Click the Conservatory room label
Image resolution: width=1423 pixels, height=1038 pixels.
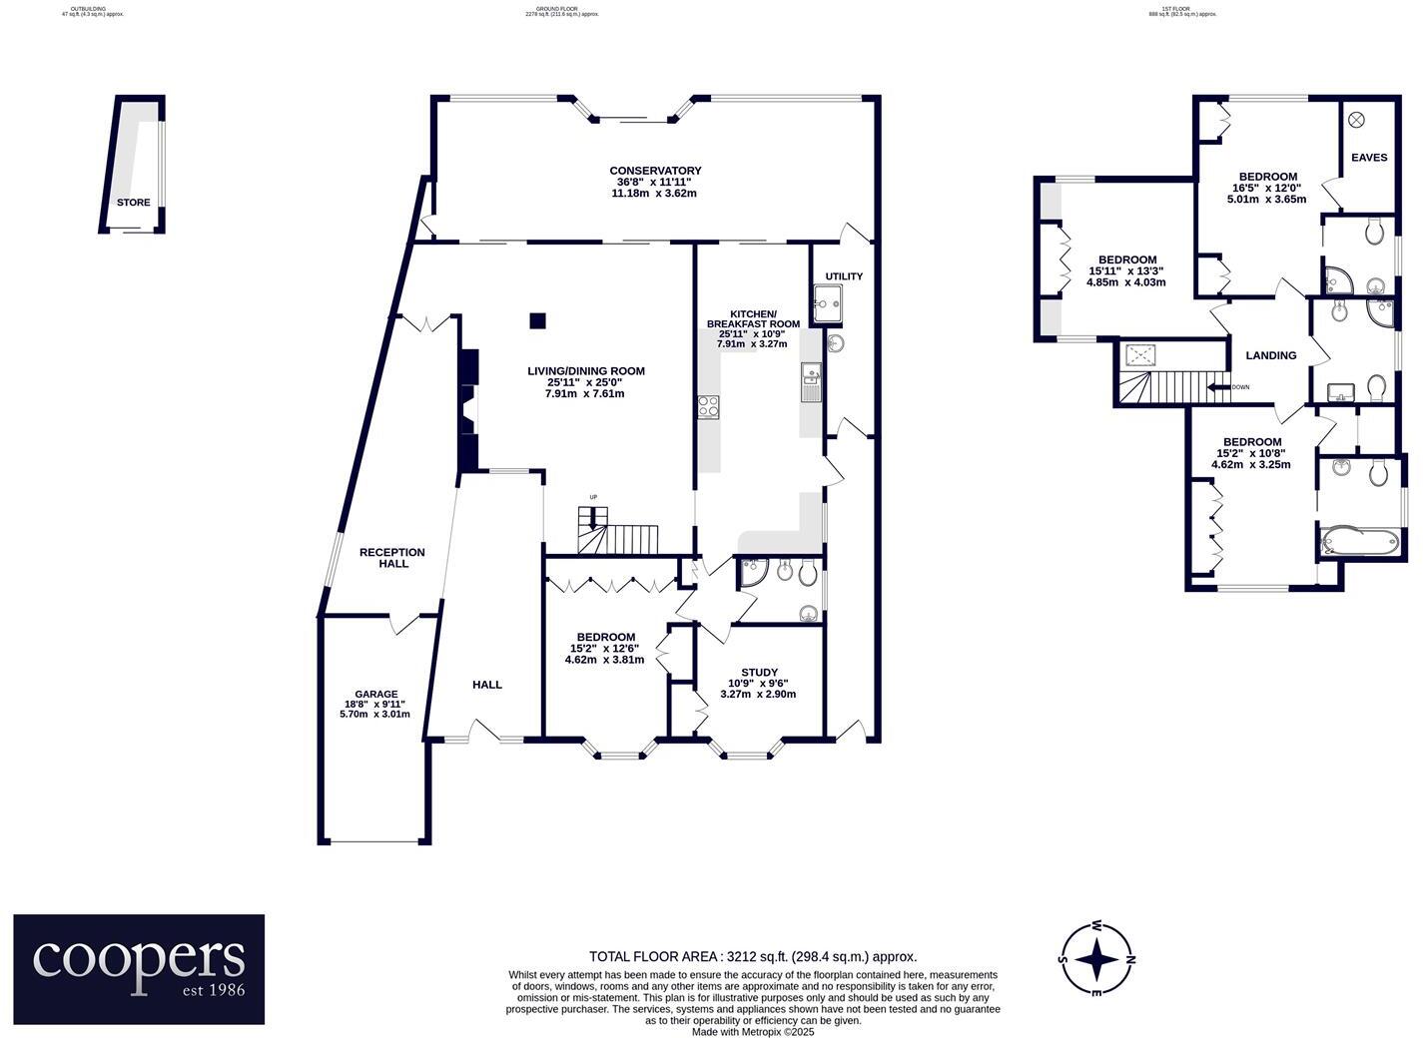pyautogui.click(x=655, y=171)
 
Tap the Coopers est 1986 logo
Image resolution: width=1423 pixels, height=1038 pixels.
pyautogui.click(x=139, y=969)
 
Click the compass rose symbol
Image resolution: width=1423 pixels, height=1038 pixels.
pyautogui.click(x=1096, y=959)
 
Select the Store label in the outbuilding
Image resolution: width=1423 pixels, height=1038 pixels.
pyautogui.click(x=133, y=203)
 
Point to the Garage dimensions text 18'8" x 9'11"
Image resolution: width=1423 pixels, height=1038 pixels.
pyautogui.click(x=375, y=704)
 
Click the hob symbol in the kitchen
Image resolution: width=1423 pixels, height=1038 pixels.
pyautogui.click(x=708, y=406)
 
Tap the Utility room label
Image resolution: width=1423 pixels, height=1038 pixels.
pyautogui.click(x=844, y=276)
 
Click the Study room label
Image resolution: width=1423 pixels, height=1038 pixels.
pyautogui.click(x=759, y=673)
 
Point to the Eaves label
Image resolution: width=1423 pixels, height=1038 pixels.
pyautogui.click(x=1369, y=158)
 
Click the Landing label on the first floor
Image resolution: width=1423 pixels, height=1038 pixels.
pyautogui.click(x=1271, y=355)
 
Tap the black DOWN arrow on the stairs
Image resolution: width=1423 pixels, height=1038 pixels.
pyautogui.click(x=1217, y=387)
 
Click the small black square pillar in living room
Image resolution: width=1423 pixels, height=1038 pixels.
pyautogui.click(x=537, y=320)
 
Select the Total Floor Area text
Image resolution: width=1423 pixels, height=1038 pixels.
pyautogui.click(x=753, y=956)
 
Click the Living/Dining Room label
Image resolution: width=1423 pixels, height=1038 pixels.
pyautogui.click(x=586, y=371)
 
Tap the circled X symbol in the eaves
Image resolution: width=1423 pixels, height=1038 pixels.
pyautogui.click(x=1356, y=120)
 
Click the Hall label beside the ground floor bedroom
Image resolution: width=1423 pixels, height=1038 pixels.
pyautogui.click(x=487, y=685)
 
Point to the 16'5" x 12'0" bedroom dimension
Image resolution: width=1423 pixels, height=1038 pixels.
pyautogui.click(x=1266, y=188)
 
